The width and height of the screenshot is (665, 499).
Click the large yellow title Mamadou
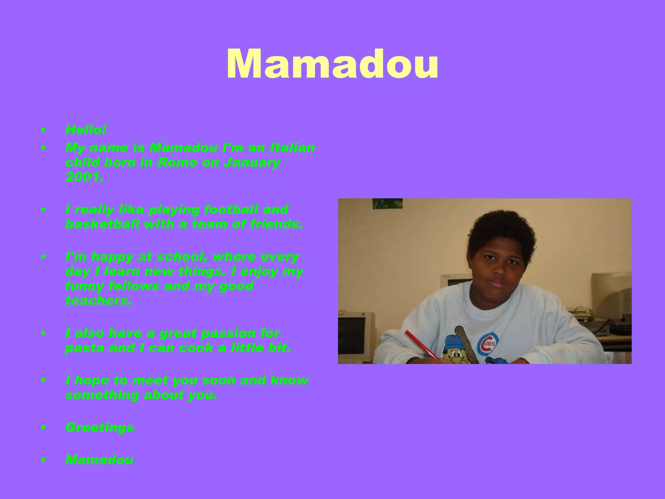pos(332,64)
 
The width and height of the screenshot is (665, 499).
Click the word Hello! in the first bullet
pos(86,130)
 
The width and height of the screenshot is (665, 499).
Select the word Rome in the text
pos(177,162)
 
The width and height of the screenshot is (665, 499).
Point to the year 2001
pos(84,177)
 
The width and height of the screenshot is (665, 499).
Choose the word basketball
pos(102,224)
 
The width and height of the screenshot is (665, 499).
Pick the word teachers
pos(98,301)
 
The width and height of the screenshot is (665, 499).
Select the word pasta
pos(84,348)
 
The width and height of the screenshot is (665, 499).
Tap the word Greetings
pos(100,427)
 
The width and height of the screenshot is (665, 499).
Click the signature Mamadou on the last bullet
pos(99,460)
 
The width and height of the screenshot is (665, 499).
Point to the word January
pos(251,162)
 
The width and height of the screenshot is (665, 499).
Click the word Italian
pos(292,148)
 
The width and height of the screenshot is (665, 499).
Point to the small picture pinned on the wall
pos(387,204)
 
